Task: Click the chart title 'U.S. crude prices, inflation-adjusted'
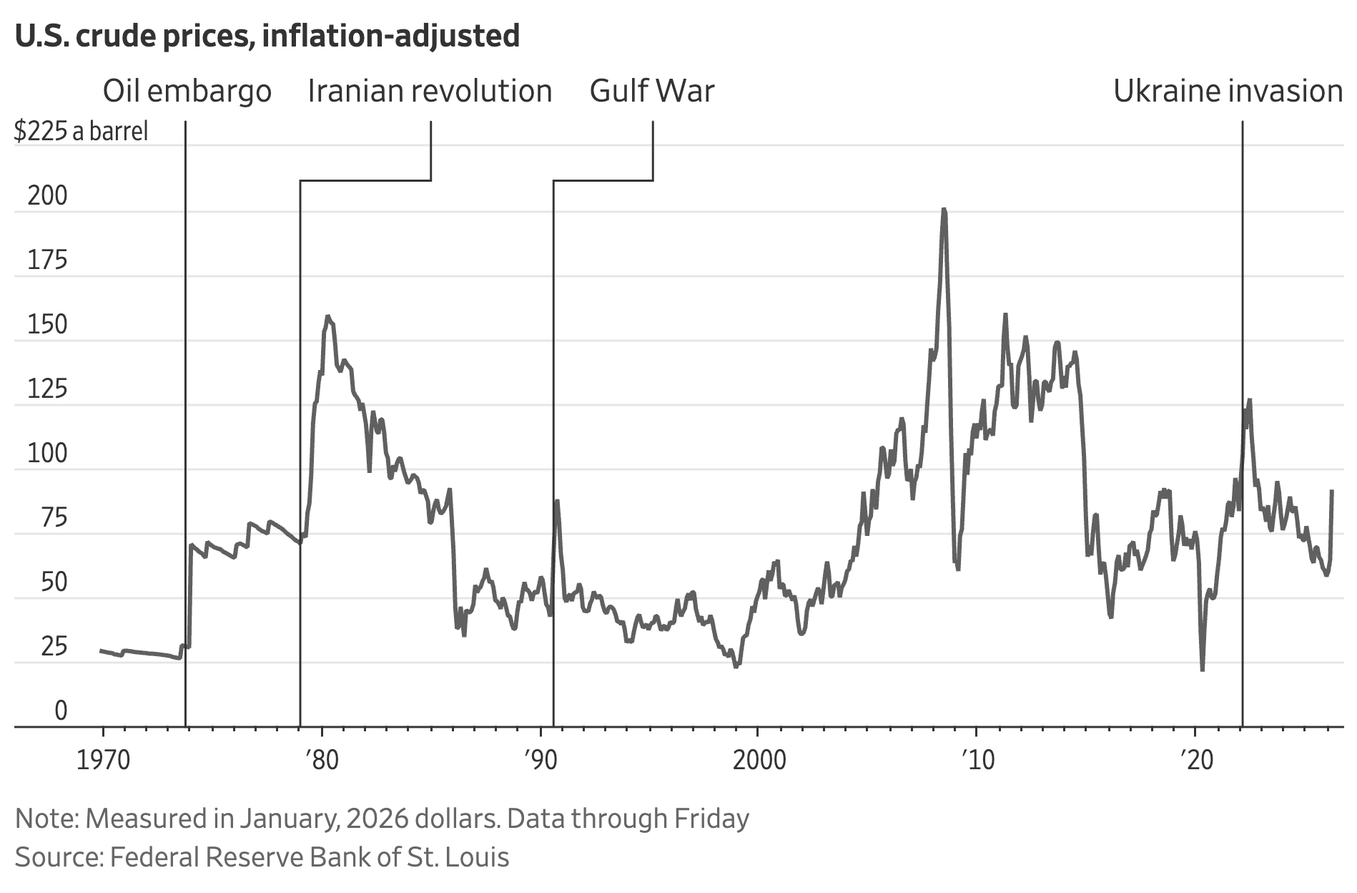[267, 36]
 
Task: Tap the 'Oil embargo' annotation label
[187, 92]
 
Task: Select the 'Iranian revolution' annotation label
[430, 92]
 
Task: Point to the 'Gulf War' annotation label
[652, 92]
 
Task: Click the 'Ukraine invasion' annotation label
[1228, 92]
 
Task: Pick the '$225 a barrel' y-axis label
[82, 132]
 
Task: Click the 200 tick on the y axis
[47, 195]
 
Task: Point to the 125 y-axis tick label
[47, 389]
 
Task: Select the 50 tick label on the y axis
[54, 582]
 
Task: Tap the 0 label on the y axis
[61, 711]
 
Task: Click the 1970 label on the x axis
[103, 760]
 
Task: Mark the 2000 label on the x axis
[759, 760]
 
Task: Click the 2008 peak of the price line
[944, 210]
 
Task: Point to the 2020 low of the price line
[1203, 669]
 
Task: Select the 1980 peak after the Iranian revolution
[327, 316]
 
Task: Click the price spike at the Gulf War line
[556, 501]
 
